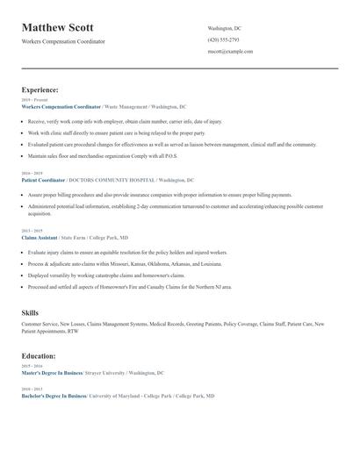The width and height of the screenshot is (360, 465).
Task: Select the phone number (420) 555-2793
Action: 223,40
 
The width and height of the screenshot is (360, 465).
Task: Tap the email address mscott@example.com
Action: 230,52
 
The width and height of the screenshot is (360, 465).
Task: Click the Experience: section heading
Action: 40,89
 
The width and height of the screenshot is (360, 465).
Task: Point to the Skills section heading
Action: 30,312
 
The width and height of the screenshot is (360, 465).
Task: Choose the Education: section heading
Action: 39,356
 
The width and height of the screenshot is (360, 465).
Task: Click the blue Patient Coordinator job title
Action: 45,180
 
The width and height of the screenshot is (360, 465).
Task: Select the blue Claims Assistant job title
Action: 40,238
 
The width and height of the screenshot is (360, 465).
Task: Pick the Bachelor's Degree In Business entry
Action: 54,396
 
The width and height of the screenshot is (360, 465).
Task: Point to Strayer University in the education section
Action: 110,373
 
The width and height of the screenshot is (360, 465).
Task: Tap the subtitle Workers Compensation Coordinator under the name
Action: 63,42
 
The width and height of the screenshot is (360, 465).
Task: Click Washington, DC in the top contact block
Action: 225,29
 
